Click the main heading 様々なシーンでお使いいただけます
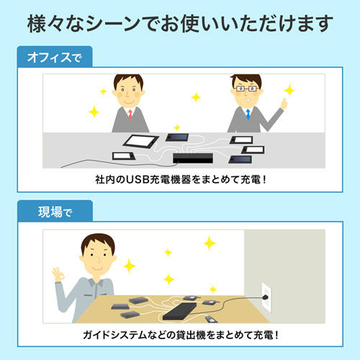coord(180,23)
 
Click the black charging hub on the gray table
coord(192,157)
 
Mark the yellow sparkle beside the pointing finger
coord(289,91)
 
